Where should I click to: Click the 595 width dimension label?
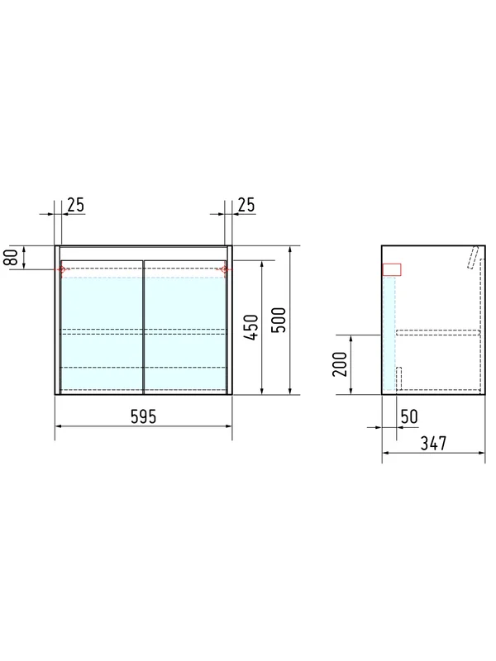143,416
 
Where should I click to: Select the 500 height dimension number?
279,320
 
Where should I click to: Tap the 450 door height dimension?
251,327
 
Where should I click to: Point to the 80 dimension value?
12,257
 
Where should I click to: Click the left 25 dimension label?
76,205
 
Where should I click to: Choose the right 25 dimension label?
246,205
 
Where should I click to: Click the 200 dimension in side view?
340,364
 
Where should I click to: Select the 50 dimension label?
409,416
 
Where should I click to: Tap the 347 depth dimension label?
433,443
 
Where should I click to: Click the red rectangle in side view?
391,270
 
